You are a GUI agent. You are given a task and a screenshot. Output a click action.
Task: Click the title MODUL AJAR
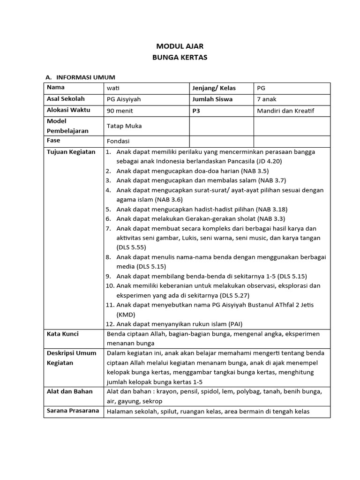pyautogui.click(x=180, y=46)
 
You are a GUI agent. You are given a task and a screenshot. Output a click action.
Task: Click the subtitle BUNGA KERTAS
pyautogui.click(x=180, y=58)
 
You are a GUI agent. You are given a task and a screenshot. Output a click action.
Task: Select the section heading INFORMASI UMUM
pyautogui.click(x=85, y=77)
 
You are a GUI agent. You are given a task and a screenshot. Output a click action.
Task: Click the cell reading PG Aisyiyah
pyautogui.click(x=124, y=99)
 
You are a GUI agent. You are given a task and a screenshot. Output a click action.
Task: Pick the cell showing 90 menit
pyautogui.click(x=120, y=111)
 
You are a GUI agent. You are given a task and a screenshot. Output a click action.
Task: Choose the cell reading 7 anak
pyautogui.click(x=267, y=99)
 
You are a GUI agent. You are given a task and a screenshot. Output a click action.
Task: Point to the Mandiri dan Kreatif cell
pyautogui.click(x=285, y=111)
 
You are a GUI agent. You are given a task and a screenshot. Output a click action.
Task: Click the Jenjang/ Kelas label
pyautogui.click(x=214, y=88)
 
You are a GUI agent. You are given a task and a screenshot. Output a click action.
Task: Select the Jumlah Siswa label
pyautogui.click(x=212, y=99)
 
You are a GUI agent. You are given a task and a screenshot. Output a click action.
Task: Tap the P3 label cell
pyautogui.click(x=196, y=111)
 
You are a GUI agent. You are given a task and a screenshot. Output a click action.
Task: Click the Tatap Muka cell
pyautogui.click(x=124, y=126)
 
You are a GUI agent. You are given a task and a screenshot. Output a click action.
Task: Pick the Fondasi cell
pyautogui.click(x=118, y=141)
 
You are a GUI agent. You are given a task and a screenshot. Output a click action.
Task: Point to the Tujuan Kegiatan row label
pyautogui.click(x=71, y=152)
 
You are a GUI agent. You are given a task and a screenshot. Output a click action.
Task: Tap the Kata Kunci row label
pyautogui.click(x=62, y=334)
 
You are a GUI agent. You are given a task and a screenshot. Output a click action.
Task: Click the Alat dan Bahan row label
pyautogui.click(x=69, y=391)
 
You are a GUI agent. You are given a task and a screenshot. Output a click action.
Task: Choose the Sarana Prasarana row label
pyautogui.click(x=73, y=411)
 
